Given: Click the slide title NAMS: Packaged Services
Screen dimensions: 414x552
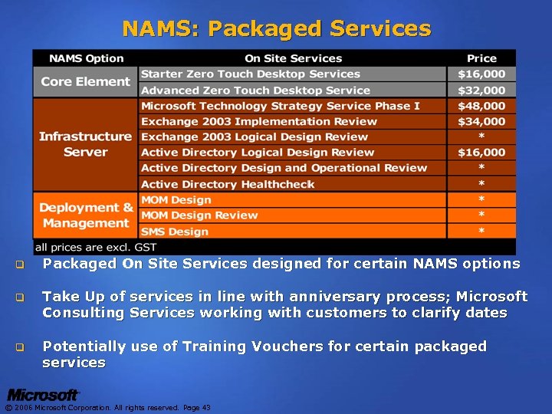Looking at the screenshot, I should coord(276,29).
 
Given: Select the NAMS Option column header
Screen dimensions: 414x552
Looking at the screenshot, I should coord(86,58).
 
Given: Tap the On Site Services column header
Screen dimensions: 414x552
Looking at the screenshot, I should coord(292,58).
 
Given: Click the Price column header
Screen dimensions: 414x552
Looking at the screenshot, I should coord(481,58).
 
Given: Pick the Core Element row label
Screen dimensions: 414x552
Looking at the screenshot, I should coord(86,82).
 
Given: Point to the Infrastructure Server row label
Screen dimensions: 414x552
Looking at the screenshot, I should coord(86,144).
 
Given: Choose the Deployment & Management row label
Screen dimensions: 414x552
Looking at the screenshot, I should coord(86,215).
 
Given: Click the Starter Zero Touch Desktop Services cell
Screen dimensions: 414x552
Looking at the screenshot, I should coord(250,74).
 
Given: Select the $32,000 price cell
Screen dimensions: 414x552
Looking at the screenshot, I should coord(481,90).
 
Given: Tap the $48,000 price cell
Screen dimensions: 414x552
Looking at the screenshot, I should coord(481,106).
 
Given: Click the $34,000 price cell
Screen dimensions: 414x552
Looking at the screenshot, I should coord(481,121).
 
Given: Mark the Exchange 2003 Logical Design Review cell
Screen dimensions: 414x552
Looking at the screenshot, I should coord(255,136).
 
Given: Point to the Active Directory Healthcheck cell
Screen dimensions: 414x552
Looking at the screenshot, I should coord(228,184).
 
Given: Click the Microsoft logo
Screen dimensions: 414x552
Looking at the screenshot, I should coord(43,395).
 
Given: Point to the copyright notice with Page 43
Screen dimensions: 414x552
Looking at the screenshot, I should coord(108,408).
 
